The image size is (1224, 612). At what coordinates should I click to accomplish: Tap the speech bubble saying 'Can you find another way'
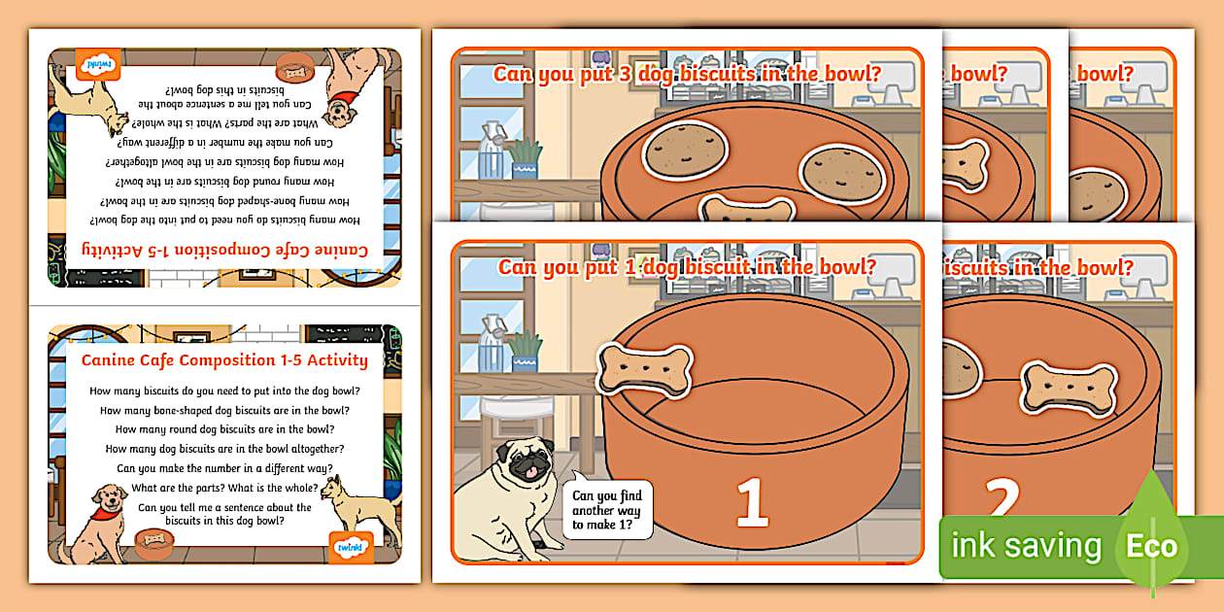607,510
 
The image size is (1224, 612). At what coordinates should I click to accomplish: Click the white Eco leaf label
1151,546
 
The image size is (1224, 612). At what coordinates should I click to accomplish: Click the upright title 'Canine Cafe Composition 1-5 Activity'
224,360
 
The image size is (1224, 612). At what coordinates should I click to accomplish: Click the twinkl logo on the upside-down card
98,65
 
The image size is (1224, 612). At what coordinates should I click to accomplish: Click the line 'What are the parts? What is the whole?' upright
224,488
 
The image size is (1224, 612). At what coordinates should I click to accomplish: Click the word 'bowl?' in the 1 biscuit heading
844,265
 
